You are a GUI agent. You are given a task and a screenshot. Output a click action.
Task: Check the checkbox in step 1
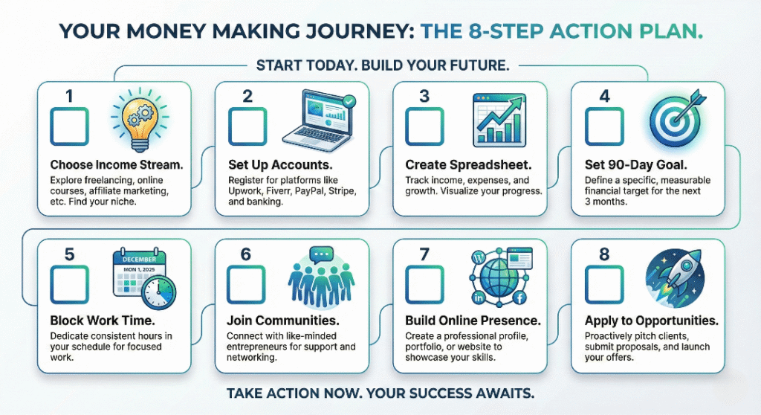69,126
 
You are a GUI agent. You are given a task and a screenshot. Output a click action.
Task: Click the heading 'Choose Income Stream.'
105,164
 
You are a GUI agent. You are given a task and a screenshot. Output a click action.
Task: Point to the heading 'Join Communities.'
283,321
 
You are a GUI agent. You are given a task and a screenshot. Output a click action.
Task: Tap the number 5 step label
69,254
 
